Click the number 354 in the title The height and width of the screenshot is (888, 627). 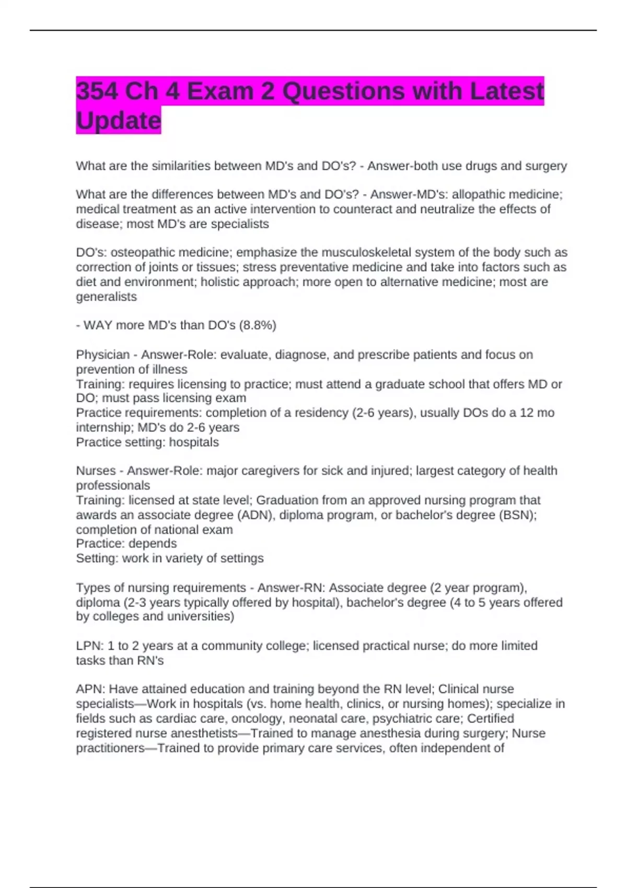[97, 91]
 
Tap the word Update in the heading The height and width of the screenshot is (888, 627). [119, 121]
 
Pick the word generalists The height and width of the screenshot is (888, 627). [106, 297]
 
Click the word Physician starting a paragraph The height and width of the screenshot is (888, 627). [102, 355]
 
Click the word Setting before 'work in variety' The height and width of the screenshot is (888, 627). [97, 558]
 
